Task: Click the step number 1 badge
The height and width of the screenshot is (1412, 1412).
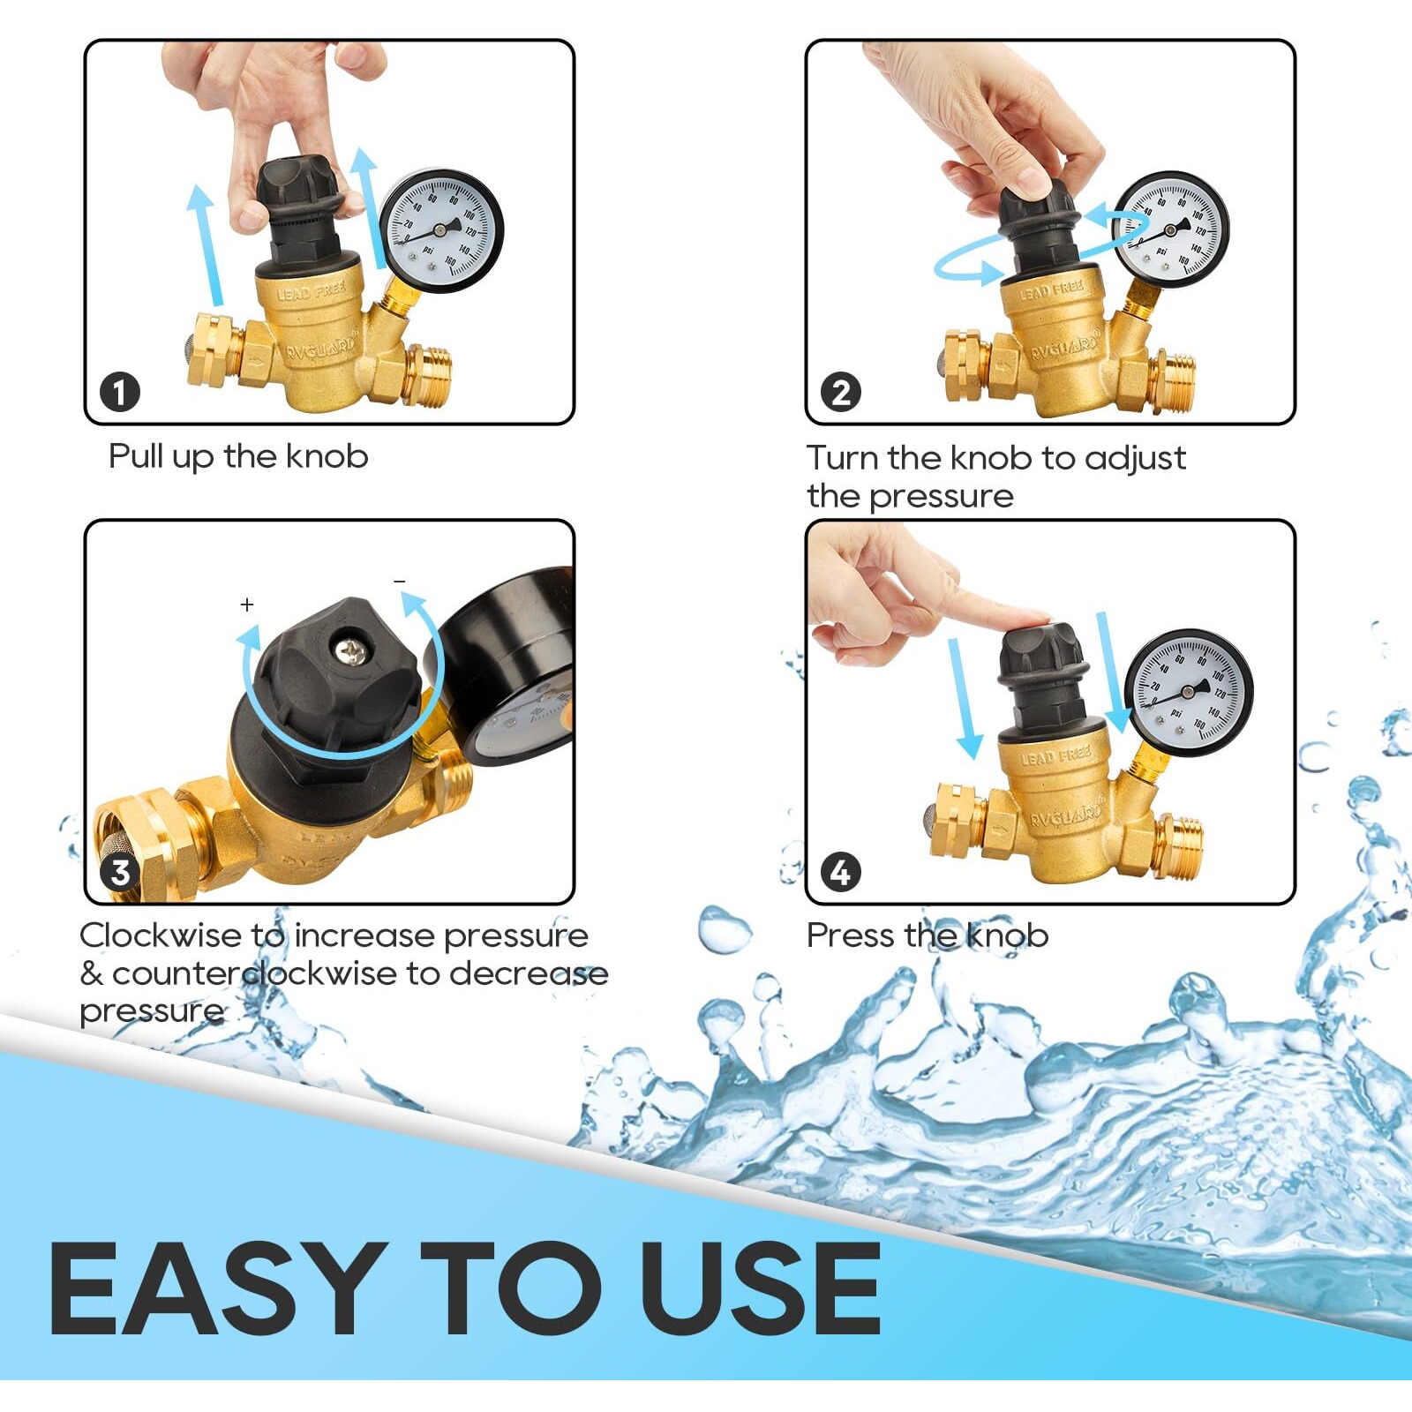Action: (120, 392)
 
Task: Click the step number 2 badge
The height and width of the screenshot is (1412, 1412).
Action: (840, 392)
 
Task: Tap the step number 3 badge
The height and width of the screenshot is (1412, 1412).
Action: (120, 872)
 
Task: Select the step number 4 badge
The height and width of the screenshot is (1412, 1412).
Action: (840, 872)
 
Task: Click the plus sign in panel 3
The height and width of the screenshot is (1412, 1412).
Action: (247, 605)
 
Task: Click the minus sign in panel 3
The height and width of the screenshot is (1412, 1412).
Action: (400, 582)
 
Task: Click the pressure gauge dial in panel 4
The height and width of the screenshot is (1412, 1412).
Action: (1189, 692)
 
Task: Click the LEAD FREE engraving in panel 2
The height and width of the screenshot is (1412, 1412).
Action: (1051, 289)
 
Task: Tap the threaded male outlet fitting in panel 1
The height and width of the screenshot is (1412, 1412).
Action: (430, 375)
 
